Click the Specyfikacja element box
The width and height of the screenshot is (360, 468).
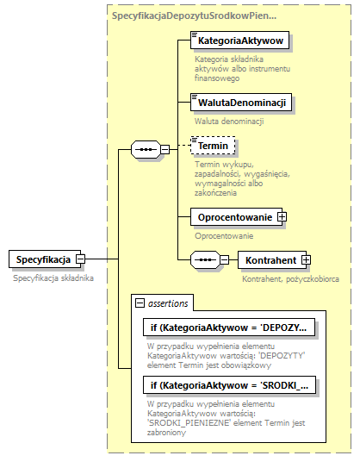[x=42, y=259]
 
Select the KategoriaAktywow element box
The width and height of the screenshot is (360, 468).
[x=240, y=41]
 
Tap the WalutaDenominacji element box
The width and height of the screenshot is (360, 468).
[x=240, y=103]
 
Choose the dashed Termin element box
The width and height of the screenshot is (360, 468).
[x=213, y=147]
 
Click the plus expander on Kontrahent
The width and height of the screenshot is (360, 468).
[x=305, y=259]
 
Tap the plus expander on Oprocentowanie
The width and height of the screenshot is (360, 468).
[x=281, y=217]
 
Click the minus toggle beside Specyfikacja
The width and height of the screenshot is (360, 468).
[x=80, y=259]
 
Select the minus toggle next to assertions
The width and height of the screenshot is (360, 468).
[x=139, y=303]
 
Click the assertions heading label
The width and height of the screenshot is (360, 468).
[x=168, y=303]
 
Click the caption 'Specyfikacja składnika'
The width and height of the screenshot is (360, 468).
[x=53, y=278]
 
